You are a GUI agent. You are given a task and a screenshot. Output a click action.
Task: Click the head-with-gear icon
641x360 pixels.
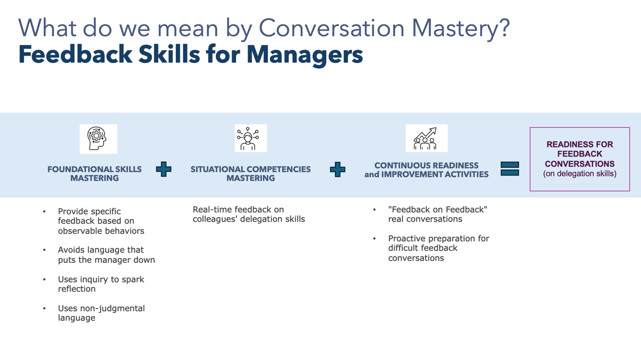pos(97,139)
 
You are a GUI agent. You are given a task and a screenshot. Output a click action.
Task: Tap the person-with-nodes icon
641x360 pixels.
pos(248,139)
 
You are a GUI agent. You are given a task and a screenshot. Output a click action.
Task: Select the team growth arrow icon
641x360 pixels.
pos(425,139)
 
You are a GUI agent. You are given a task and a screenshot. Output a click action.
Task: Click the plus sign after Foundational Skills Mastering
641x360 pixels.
pos(164,169)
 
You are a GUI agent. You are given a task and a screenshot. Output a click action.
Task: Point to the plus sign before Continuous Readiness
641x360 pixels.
pos(338,169)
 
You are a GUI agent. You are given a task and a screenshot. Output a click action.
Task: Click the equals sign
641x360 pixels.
pos(510,169)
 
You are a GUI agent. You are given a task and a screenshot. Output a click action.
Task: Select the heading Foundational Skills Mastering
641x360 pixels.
pos(95,174)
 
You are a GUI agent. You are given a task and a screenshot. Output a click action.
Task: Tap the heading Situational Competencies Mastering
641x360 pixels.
pos(251,174)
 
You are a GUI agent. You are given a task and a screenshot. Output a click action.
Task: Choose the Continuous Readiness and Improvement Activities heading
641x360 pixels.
pos(426,170)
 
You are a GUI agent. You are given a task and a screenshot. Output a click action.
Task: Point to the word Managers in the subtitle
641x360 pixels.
pos(305,55)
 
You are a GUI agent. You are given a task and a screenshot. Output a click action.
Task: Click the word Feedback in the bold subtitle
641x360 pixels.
pos(75,54)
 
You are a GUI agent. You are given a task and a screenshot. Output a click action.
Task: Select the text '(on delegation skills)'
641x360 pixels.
pos(580,174)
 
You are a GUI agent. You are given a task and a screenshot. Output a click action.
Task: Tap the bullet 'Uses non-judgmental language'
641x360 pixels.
pos(101,313)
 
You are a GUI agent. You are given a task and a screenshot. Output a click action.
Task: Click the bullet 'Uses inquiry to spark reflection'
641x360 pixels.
pos(101,284)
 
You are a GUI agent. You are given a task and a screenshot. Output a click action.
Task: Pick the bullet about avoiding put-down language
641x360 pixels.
pos(106,255)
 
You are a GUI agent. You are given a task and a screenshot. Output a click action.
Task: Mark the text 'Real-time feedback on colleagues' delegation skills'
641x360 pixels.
pos(249,214)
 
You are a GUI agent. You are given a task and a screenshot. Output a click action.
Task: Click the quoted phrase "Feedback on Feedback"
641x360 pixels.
pos(438,209)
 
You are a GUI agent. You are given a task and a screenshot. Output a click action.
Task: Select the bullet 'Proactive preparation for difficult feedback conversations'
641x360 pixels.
pos(439,248)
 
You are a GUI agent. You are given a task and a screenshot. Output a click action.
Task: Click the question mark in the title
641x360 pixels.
pos(505,28)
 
